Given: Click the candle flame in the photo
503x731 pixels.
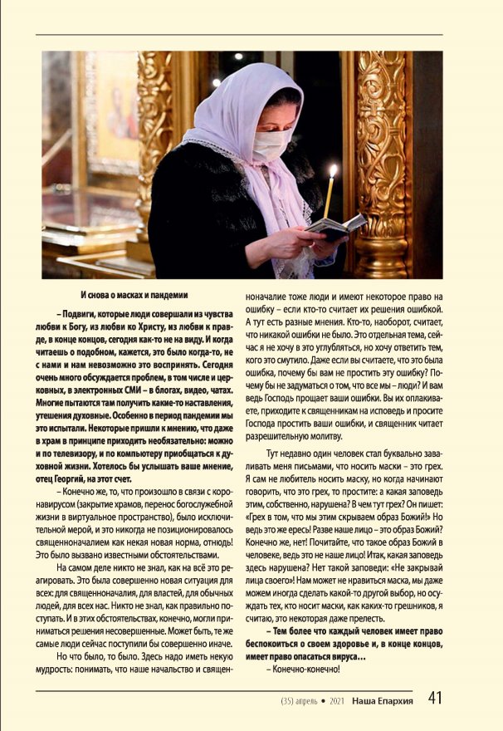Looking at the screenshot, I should click(333, 171).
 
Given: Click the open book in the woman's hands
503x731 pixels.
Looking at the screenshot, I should click(336, 225).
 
